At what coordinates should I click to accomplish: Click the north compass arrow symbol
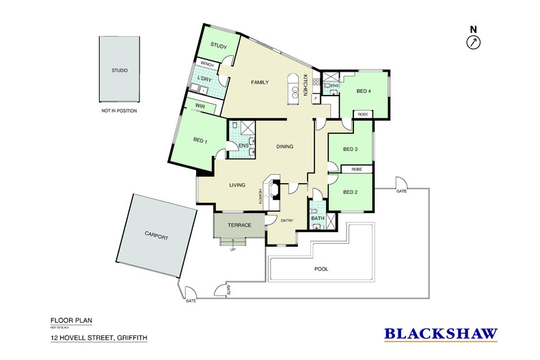point(473,43)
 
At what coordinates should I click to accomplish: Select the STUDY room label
point(219,46)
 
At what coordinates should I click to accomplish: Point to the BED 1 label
point(200,141)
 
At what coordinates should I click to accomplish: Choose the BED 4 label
point(364,91)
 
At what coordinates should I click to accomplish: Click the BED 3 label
point(351,149)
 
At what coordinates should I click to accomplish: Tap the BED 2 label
point(351,192)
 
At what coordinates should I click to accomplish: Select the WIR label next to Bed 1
point(200,107)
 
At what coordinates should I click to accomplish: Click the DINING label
point(286,147)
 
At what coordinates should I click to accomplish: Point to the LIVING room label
point(237,184)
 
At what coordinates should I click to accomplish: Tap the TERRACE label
point(240,225)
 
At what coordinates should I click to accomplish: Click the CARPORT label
point(156,236)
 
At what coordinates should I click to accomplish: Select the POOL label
point(321,269)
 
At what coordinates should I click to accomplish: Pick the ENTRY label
point(287,220)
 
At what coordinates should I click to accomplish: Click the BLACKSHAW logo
point(441,333)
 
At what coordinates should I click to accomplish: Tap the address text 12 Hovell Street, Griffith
point(98,337)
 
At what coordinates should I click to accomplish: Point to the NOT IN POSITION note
point(119,109)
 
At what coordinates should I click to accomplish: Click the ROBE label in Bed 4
point(363,115)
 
